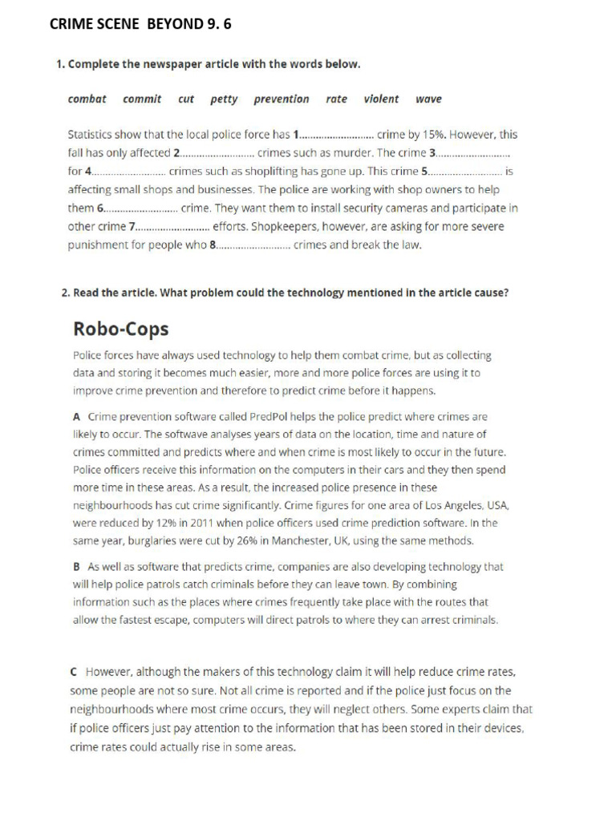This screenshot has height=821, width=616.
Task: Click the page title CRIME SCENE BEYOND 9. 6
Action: point(140,24)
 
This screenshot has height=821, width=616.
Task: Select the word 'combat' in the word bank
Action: point(87,99)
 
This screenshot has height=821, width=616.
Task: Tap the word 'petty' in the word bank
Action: point(224,99)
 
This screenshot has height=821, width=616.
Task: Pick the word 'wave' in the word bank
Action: point(428,99)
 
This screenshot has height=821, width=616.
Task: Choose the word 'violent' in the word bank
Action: point(380,99)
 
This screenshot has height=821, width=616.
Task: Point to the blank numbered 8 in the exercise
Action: point(252,245)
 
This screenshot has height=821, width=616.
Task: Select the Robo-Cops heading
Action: point(121,329)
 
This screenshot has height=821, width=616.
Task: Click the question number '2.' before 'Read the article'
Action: point(67,293)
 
